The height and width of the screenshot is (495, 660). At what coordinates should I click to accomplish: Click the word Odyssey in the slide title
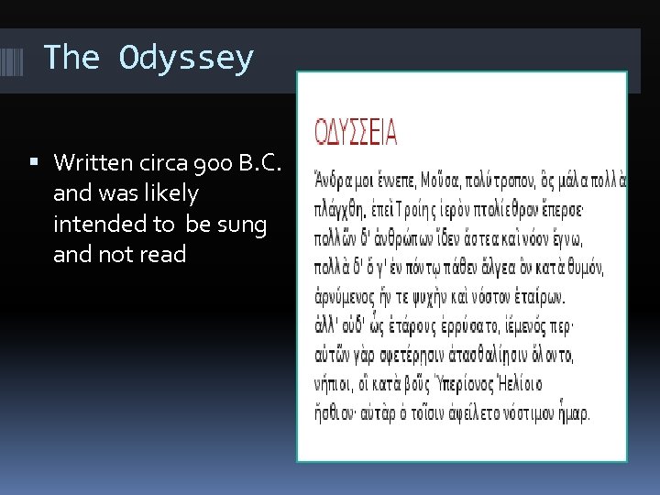(186, 59)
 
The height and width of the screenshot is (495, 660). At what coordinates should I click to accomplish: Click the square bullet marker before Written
(34, 163)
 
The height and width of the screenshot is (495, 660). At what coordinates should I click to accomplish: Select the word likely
(165, 193)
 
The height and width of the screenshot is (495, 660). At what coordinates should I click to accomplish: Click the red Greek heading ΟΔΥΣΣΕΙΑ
(356, 134)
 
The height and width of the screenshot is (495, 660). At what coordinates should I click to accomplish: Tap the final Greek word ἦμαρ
(572, 412)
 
